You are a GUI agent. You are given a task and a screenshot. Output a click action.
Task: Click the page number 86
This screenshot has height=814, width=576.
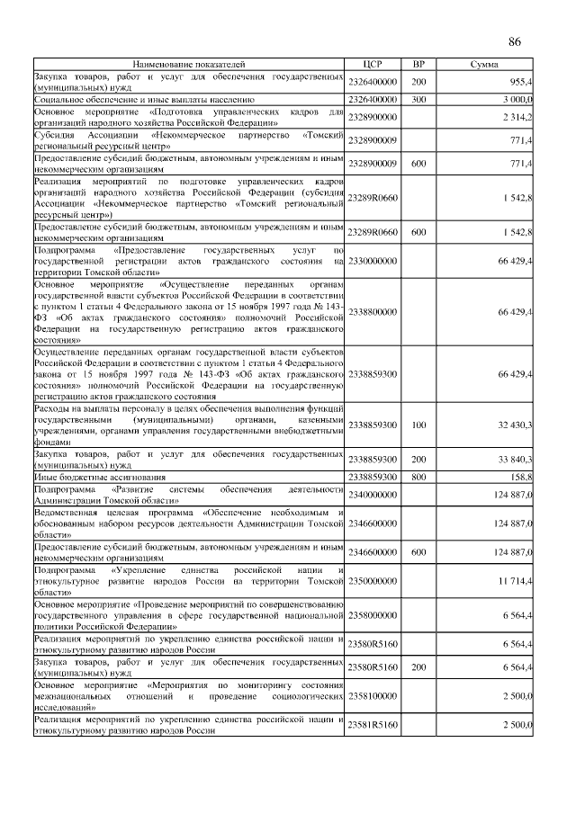tap(515, 42)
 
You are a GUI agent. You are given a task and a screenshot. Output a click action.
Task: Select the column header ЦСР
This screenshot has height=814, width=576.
tap(373, 65)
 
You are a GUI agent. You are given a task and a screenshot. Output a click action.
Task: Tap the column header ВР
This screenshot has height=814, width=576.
tap(418, 65)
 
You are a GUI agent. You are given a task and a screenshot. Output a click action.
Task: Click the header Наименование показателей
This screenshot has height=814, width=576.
tap(189, 65)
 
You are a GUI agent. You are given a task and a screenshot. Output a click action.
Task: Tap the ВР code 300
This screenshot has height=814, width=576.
tap(418, 99)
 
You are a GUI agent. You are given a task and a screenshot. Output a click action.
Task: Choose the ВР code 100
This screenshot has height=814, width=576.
tap(418, 424)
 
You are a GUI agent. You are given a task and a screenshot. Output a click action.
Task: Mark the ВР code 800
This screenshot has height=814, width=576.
tap(418, 477)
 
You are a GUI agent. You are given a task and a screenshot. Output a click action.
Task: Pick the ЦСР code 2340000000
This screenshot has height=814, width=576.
tap(373, 495)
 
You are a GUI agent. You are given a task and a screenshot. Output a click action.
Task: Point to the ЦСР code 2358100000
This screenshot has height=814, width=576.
tap(373, 696)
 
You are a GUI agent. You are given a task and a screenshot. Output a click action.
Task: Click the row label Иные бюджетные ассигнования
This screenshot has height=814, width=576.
tap(100, 477)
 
